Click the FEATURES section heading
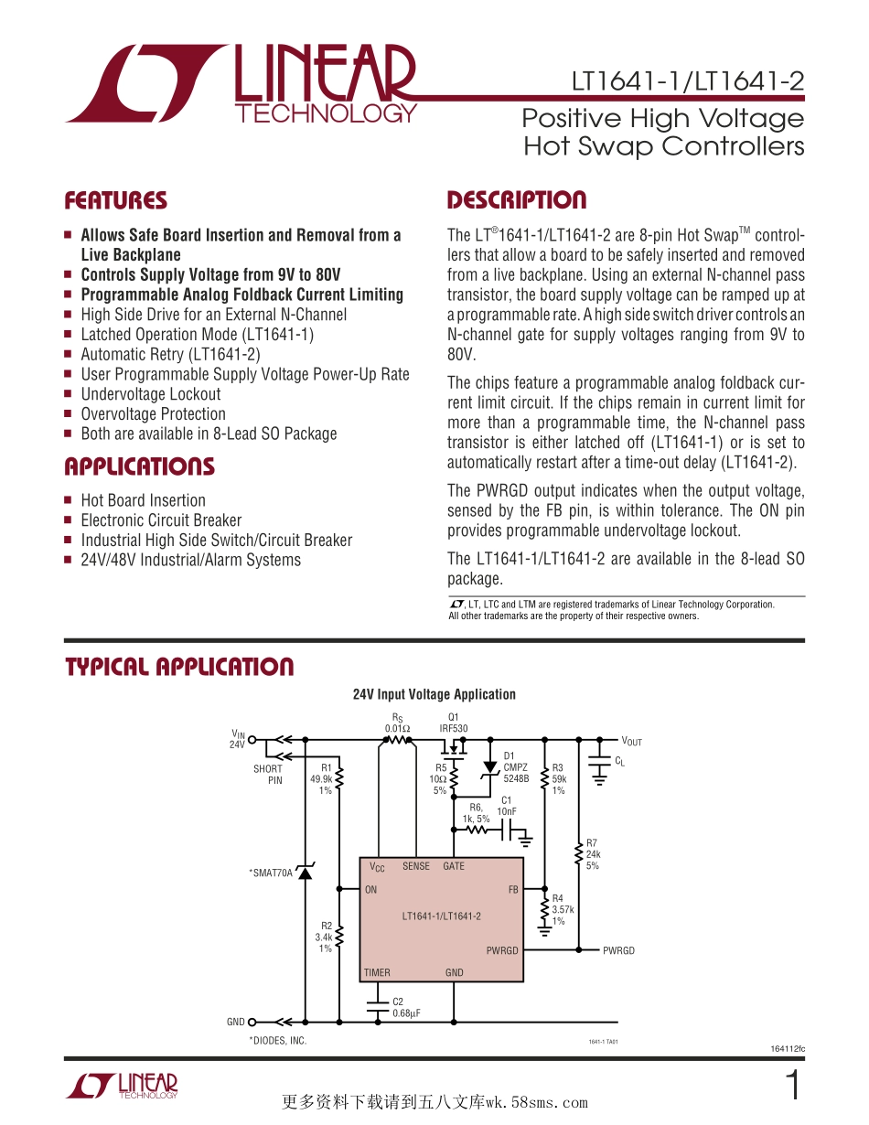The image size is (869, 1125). (115, 201)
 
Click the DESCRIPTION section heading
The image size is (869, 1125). (516, 201)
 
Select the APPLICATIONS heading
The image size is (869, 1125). (139, 467)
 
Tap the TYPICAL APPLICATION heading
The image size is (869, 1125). (179, 667)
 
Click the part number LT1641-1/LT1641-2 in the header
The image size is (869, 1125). (688, 81)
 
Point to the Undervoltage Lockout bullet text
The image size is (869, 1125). (151, 394)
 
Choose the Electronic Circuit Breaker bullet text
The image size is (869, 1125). (161, 520)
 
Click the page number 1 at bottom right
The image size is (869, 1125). (793, 1086)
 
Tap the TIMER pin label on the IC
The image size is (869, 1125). (377, 973)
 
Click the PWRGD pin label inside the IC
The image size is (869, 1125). (502, 951)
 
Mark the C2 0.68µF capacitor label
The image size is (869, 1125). (406, 1008)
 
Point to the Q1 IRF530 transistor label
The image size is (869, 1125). (453, 723)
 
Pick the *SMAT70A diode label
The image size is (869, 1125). (271, 873)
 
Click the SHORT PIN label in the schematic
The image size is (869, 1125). (269, 775)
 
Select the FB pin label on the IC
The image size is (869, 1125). (513, 890)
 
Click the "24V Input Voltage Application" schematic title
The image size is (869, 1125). (434, 694)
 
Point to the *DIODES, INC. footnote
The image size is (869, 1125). (278, 1041)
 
